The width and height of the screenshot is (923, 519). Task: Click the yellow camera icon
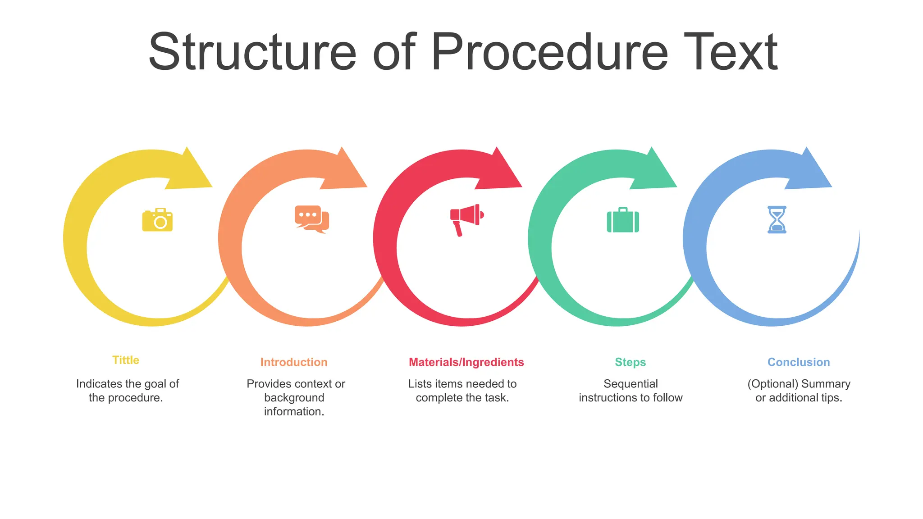pos(157,220)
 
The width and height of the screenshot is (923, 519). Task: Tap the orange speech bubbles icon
pos(312,219)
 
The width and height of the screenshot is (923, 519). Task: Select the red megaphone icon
pos(466,219)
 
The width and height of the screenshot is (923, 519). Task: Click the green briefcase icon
pos(623,220)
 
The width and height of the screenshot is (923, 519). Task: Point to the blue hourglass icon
pos(777,220)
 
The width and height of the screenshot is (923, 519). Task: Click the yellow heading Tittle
pos(126,360)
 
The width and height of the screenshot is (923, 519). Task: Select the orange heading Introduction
pos(294,362)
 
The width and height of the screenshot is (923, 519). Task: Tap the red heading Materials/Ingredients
pos(466,362)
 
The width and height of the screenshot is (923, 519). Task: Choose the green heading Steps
pos(630,362)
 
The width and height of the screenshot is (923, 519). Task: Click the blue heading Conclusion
pos(799,362)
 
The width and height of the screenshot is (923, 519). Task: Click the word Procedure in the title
pos(549,52)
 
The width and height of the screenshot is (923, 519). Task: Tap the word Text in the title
pos(731,52)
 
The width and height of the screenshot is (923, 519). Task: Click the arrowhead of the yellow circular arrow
pos(192,172)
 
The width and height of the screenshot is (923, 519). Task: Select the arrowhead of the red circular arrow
pos(501,172)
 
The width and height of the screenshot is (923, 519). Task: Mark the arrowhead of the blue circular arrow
pos(811,172)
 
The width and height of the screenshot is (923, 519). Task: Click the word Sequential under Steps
pos(631,384)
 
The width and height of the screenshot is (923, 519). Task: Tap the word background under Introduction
pos(294,398)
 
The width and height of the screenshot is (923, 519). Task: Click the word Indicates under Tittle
pos(99,384)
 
